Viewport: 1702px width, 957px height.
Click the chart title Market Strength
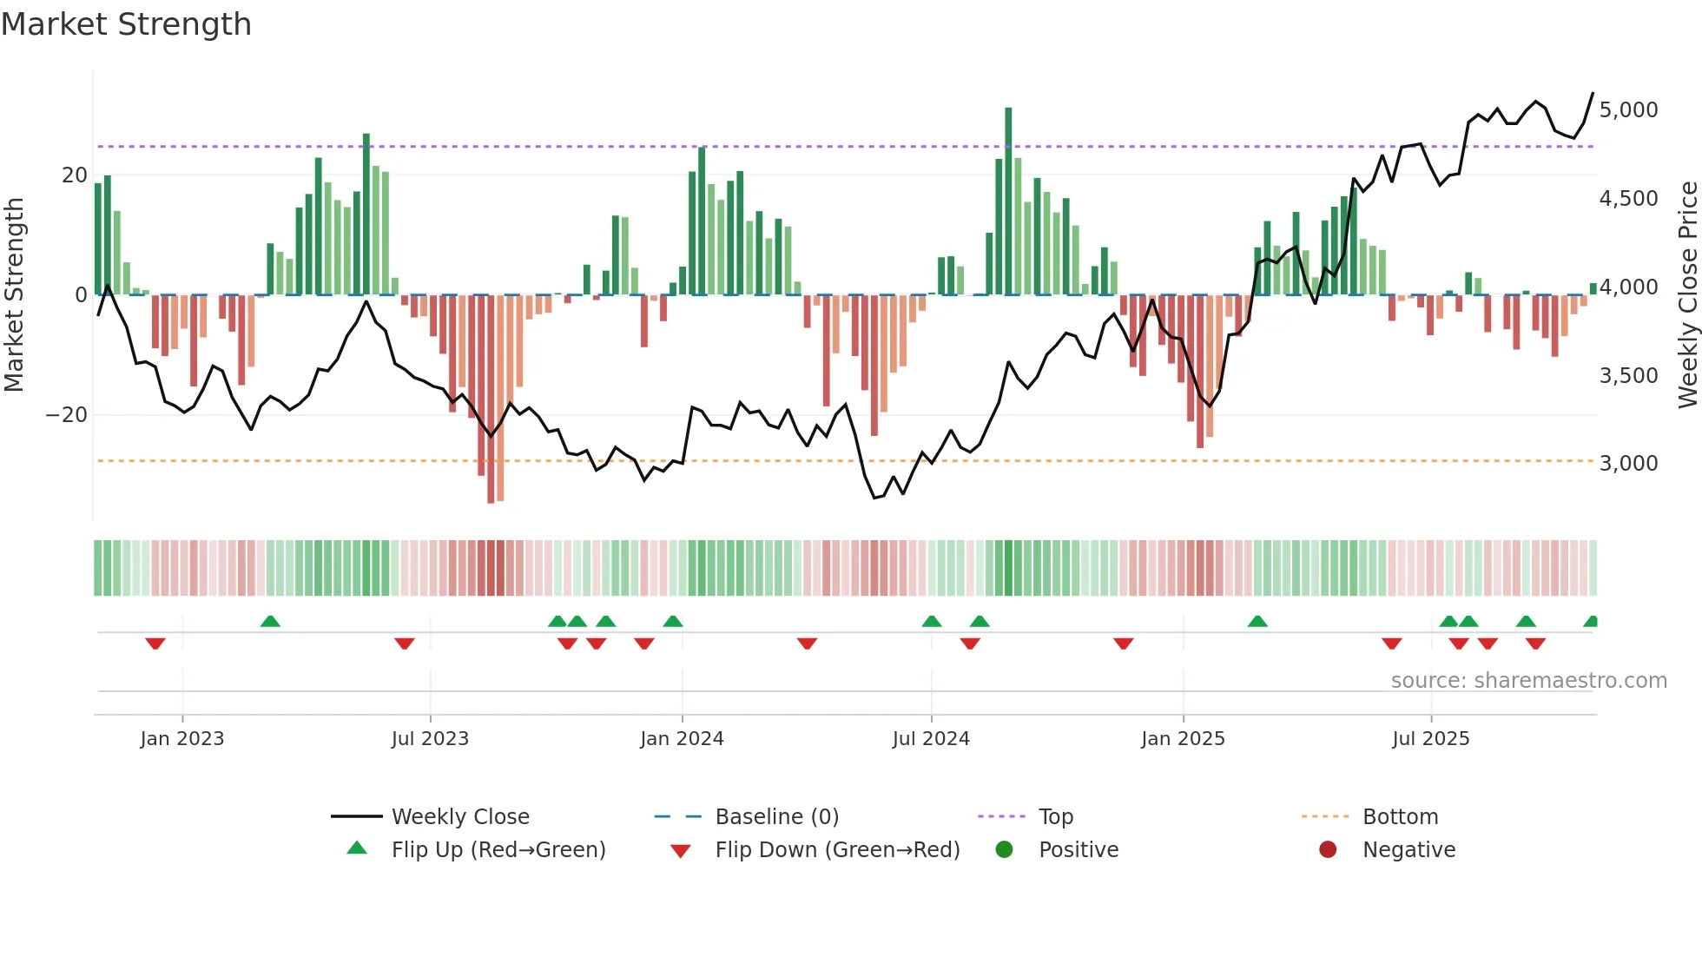pyautogui.click(x=126, y=24)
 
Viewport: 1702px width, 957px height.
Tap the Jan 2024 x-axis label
pyautogui.click(x=682, y=739)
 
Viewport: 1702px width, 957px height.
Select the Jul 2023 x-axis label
pyautogui.click(x=430, y=739)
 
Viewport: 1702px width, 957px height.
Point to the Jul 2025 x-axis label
pyautogui.click(x=1430, y=739)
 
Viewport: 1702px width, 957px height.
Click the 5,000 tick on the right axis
pyautogui.click(x=1628, y=110)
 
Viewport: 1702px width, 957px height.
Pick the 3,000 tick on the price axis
pyautogui.click(x=1628, y=464)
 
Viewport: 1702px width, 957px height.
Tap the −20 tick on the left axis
pyautogui.click(x=67, y=415)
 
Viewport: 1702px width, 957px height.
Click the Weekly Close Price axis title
pyautogui.click(x=1687, y=294)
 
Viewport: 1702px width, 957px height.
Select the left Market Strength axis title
pyautogui.click(x=14, y=294)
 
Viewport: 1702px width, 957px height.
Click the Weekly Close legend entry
pyautogui.click(x=460, y=817)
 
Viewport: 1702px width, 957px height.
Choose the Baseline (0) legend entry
pyautogui.click(x=776, y=817)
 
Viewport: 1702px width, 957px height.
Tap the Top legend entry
pyautogui.click(x=1056, y=817)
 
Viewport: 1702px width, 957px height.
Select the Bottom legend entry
pyautogui.click(x=1400, y=817)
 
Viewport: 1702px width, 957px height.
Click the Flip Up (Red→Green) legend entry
pyautogui.click(x=498, y=850)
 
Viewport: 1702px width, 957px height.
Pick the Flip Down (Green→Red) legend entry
pyautogui.click(x=837, y=850)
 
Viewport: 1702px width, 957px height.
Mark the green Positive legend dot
pyautogui.click(x=1005, y=850)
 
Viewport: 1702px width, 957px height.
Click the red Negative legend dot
pyautogui.click(x=1328, y=850)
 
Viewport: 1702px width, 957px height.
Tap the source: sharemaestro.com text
pyautogui.click(x=1528, y=681)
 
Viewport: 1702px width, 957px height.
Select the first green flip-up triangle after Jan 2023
pyautogui.click(x=270, y=622)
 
